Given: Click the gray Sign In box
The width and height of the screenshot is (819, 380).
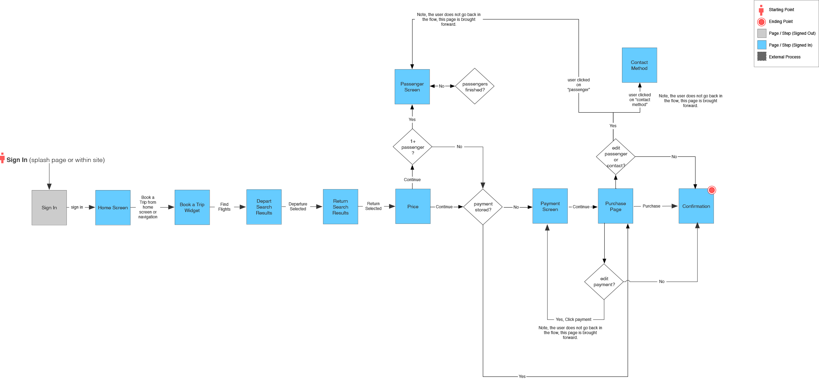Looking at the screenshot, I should click(49, 208).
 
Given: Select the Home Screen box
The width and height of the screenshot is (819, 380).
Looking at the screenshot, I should click(113, 208).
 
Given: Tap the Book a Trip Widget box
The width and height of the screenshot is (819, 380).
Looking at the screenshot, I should click(192, 207).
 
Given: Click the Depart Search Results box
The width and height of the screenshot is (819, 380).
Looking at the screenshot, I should click(264, 207).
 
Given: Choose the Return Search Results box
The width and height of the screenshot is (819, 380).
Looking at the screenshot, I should click(340, 207).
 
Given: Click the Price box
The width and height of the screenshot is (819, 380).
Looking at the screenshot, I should click(413, 206).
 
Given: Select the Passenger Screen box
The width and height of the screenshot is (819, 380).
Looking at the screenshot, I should click(412, 87).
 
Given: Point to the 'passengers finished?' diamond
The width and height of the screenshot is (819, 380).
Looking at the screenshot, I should click(475, 86).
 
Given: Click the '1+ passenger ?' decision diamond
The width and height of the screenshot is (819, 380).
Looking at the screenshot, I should click(412, 147).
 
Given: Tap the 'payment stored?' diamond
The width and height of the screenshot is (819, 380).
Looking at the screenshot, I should click(483, 207).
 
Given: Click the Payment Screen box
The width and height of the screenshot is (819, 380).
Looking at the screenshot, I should click(550, 206).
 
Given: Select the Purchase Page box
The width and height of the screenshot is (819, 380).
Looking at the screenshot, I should click(615, 206).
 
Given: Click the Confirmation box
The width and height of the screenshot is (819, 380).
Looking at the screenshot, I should click(696, 206).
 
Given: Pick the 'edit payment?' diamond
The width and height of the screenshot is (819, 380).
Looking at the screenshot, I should click(604, 282).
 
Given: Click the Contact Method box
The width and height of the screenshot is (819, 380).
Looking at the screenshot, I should click(639, 65).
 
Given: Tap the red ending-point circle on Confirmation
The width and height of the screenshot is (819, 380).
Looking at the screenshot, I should click(712, 190).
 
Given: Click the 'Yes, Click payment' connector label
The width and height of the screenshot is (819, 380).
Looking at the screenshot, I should click(573, 320).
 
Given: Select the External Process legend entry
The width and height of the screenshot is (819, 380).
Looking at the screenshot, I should click(785, 57).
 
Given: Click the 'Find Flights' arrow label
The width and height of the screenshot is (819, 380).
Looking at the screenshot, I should click(224, 207).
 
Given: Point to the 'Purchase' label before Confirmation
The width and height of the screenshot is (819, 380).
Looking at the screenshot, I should click(651, 206).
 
